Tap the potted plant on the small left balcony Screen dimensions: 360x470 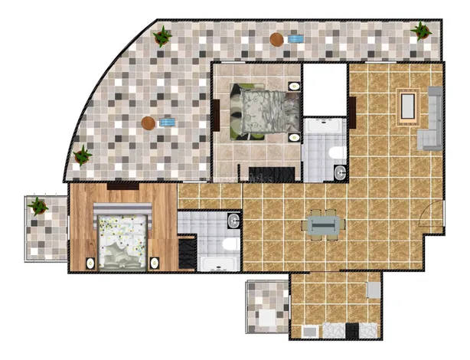pyautogui.click(x=37, y=206)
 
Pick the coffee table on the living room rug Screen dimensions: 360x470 pyautogui.click(x=406, y=108)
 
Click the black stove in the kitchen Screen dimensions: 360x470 pyautogui.click(x=352, y=332)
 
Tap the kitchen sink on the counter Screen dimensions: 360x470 pyautogui.click(x=335, y=331)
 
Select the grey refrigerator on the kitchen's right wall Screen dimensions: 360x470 pyautogui.click(x=374, y=290)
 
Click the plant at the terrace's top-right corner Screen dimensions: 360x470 pyautogui.click(x=421, y=31)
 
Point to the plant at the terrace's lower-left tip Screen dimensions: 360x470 pyautogui.click(x=82, y=155)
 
